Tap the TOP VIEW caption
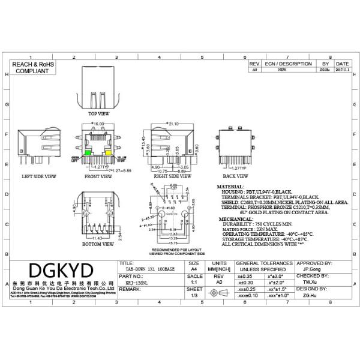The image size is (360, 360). (99, 113)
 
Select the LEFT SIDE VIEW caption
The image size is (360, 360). (39, 177)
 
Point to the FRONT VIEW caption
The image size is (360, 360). (98, 177)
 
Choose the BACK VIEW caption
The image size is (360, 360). (235, 176)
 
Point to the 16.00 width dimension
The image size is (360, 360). (98, 124)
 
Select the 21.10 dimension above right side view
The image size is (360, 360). (175, 124)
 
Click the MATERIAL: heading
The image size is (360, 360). (230, 187)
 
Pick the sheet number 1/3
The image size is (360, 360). (194, 296)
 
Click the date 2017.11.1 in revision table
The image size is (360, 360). (342, 70)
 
